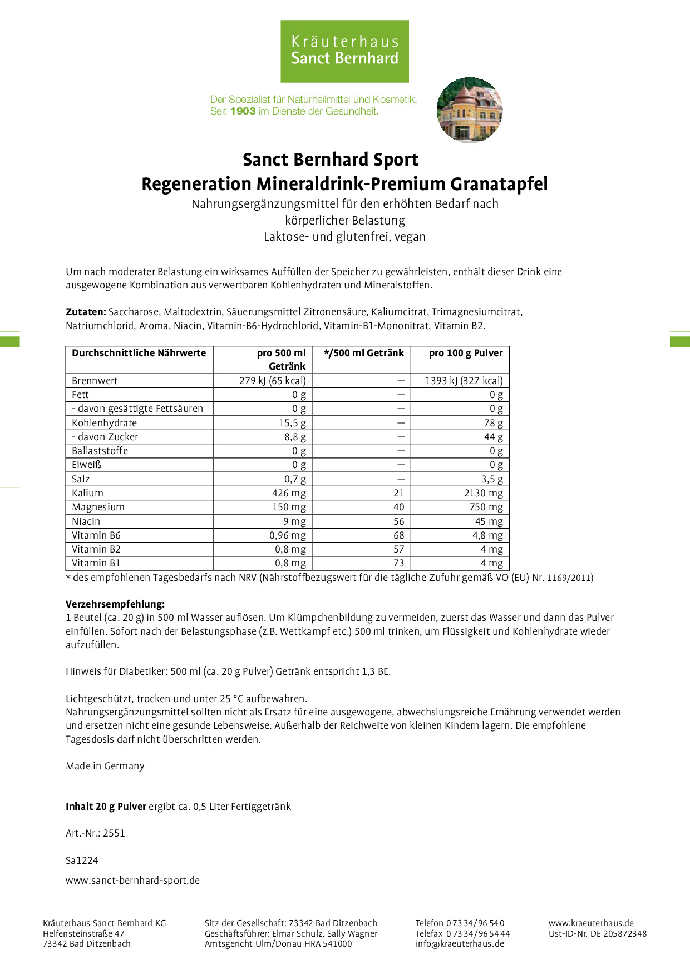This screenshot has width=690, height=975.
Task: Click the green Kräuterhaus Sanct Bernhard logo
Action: point(344,51)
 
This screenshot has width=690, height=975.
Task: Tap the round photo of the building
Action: point(470,110)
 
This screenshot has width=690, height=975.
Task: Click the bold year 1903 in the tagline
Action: point(243,111)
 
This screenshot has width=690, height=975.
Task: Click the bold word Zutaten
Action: point(86,312)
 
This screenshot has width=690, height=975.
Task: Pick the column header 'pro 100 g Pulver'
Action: point(465,353)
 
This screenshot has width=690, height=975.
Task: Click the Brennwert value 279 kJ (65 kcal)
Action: point(272,381)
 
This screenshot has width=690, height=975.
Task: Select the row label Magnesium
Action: point(98,507)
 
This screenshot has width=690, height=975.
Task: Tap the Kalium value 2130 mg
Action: point(483,493)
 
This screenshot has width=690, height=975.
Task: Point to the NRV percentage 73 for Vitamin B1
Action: point(398,563)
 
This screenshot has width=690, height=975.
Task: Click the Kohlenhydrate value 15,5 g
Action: point(292,423)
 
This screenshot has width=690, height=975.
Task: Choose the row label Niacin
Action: point(86,521)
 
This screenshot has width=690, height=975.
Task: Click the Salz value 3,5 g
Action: point(492,479)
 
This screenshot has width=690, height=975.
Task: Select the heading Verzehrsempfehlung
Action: point(115,604)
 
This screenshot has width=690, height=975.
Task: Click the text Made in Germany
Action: point(105,766)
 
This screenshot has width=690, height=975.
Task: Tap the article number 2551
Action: point(114,833)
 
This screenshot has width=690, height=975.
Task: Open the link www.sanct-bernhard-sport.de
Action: point(132,881)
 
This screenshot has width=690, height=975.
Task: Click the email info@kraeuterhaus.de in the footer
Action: point(460,943)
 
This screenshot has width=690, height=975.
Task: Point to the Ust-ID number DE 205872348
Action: point(618,934)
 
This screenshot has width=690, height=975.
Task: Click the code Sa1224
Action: point(82,860)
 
